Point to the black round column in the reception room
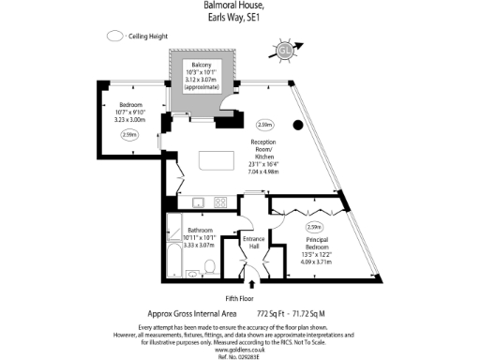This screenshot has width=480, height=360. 298,126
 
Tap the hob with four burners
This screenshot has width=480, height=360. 220,201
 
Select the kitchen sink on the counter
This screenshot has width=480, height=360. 197,201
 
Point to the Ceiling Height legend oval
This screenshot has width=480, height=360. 116,36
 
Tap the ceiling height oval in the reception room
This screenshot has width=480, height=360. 265,124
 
